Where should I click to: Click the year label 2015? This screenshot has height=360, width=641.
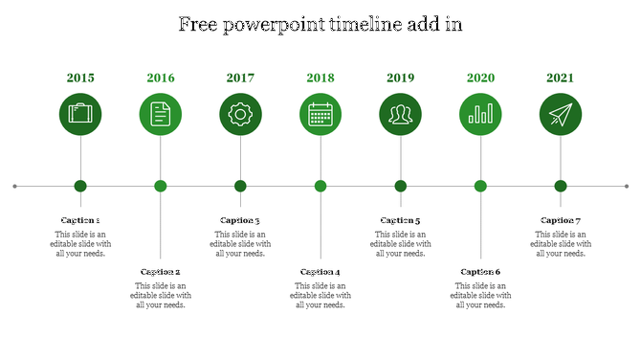click(x=80, y=78)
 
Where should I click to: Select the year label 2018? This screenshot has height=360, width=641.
click(x=320, y=78)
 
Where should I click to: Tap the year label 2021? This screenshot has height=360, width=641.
click(x=561, y=78)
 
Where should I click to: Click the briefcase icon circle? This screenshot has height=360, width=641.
click(x=80, y=115)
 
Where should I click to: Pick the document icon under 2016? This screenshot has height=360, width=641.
click(x=161, y=115)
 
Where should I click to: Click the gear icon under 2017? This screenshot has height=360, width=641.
click(x=240, y=115)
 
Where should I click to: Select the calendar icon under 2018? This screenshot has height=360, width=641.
click(x=320, y=115)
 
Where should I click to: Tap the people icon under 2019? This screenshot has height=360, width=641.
click(x=400, y=115)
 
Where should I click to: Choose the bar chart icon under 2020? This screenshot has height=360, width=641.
click(x=480, y=115)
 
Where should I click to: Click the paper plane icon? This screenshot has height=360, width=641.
click(x=561, y=115)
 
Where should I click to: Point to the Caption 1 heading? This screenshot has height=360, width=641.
click(x=80, y=221)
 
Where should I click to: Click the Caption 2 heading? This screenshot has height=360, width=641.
click(x=161, y=273)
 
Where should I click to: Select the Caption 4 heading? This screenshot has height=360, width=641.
click(x=320, y=273)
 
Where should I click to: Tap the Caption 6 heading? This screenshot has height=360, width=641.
click(x=480, y=273)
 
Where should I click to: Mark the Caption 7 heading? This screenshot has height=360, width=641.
click(x=561, y=221)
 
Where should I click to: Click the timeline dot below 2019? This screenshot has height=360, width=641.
click(x=400, y=186)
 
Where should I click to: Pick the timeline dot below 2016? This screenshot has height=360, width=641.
click(x=161, y=186)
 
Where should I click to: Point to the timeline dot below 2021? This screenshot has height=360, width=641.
click(x=561, y=186)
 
